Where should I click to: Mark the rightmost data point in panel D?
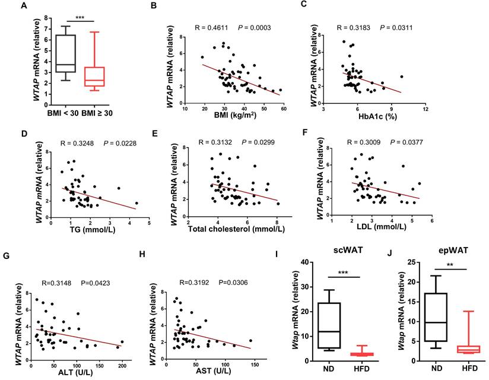(137, 203)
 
